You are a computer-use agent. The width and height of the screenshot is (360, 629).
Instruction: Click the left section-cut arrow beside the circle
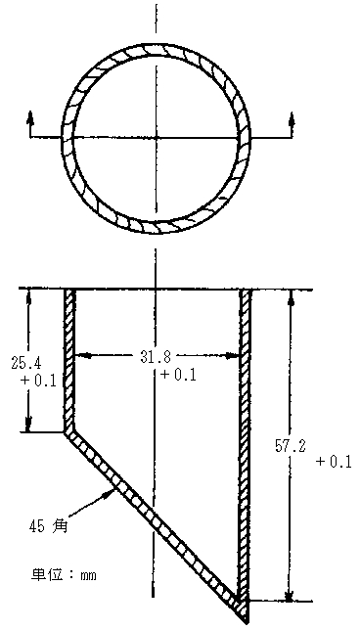(x=30, y=119)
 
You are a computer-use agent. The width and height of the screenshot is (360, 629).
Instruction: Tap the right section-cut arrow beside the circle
(x=290, y=119)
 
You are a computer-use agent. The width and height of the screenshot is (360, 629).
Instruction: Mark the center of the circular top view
(x=157, y=136)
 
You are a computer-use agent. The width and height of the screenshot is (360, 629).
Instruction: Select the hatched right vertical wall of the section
(x=246, y=440)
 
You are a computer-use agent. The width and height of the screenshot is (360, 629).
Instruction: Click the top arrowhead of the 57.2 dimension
(x=289, y=296)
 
